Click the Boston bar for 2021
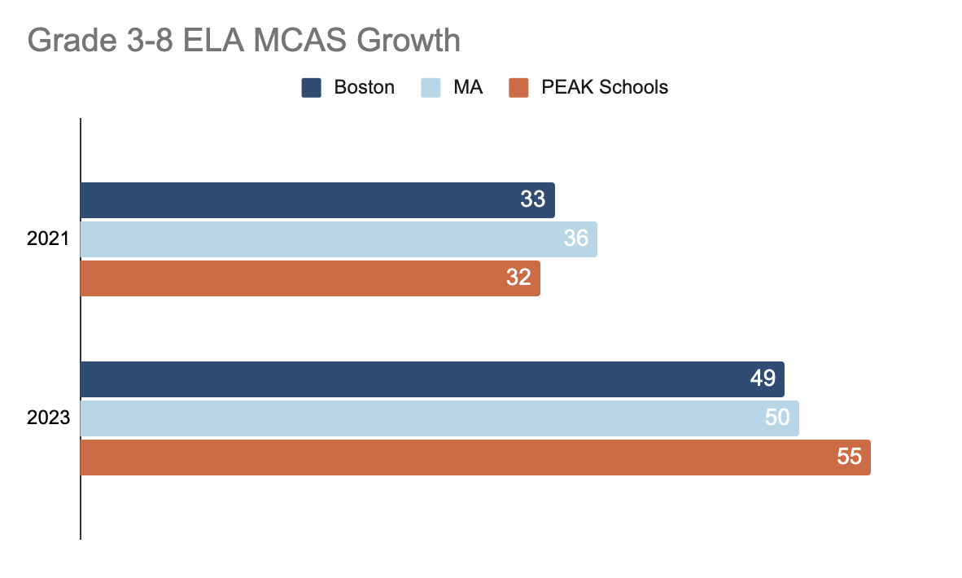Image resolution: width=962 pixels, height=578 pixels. coord(317,200)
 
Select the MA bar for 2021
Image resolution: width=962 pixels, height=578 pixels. coord(339,239)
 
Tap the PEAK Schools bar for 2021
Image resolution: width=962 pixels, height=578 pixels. coord(310,278)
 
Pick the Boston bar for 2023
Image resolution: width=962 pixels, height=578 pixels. coord(432,379)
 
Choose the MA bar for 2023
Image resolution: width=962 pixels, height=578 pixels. coord(439,418)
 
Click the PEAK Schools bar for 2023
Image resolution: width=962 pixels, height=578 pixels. coord(475,458)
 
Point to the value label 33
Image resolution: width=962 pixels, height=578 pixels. coord(532,199)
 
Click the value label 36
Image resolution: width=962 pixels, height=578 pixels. coord(576,239)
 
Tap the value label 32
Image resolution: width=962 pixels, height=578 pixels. coord(518,278)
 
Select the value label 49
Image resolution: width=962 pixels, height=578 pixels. coord(763,379)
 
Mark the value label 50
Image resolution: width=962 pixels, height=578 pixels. coord(777,418)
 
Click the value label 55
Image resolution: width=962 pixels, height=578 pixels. coord(849,458)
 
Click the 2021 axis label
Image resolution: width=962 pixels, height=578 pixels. coord(48,239)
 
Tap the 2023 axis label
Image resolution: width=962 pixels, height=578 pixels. coord(48,418)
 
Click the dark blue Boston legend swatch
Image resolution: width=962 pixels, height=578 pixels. coord(312,88)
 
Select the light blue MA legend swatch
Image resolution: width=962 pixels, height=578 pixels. coord(431,88)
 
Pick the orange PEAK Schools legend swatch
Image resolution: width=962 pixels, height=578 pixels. coord(519,88)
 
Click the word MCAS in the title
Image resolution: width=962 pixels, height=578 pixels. coord(300,41)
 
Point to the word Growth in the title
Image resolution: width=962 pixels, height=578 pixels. coord(409,41)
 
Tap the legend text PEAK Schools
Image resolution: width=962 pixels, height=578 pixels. coord(605,87)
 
